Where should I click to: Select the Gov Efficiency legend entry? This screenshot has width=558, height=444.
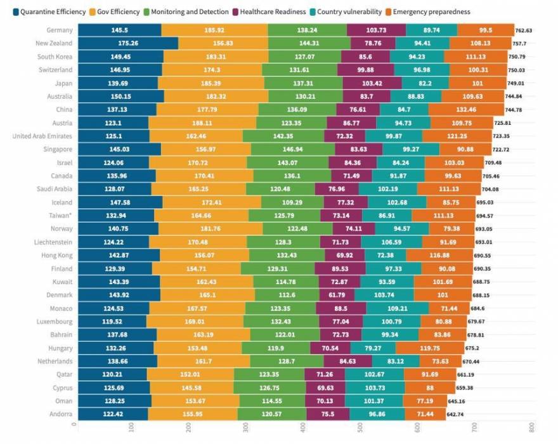point(117,11)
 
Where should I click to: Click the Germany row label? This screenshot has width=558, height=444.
point(59,30)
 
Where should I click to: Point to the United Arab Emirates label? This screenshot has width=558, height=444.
point(42,136)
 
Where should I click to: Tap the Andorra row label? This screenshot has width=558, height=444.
point(59,414)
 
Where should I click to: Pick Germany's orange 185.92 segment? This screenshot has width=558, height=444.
point(214,30)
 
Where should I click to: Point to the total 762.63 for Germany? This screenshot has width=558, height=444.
point(524,30)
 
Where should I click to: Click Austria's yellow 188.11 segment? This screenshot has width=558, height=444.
point(203,122)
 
